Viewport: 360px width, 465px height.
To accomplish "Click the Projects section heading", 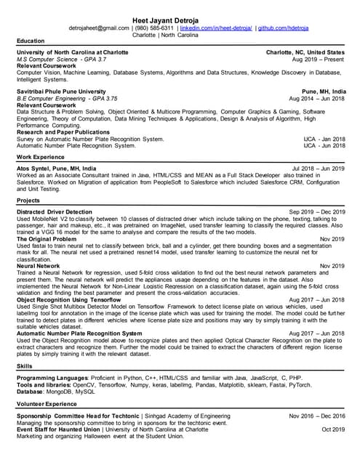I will coord(30,200).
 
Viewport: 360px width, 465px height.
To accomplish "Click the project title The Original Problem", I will coord(46,238).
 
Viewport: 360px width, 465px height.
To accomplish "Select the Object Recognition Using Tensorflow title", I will coord(69,299).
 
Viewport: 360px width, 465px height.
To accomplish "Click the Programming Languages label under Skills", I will coord(52,378).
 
